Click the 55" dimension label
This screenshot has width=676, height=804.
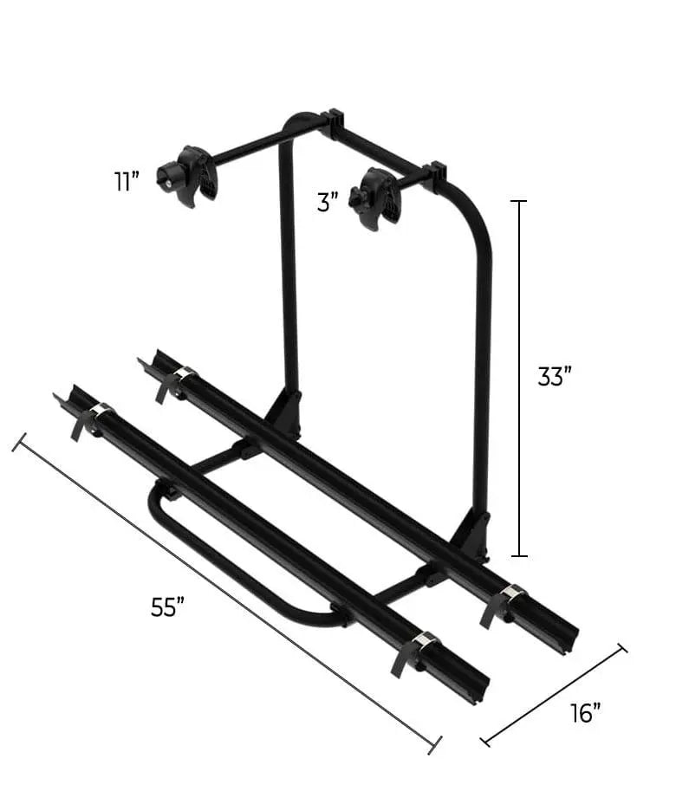[x=168, y=608]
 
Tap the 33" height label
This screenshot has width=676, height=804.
[x=555, y=378]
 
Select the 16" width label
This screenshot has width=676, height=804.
[x=586, y=713]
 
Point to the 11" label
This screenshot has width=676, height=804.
[x=127, y=182]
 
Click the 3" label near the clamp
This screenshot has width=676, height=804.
[x=327, y=204]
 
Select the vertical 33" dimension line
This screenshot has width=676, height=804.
[x=519, y=378]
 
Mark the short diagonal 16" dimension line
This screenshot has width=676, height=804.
[x=555, y=694]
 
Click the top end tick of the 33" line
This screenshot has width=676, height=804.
[x=519, y=201]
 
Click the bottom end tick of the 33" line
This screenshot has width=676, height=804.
[x=519, y=555]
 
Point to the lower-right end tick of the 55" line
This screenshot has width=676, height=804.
[x=434, y=744]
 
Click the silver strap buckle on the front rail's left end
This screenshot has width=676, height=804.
[x=101, y=411]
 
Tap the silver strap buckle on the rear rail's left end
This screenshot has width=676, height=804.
[x=183, y=374]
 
